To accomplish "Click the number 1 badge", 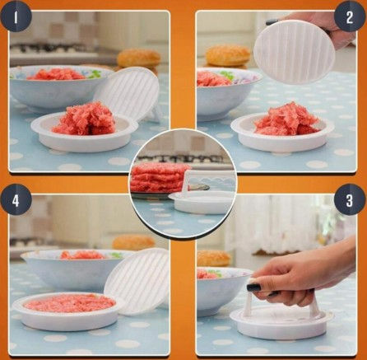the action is [x=16, y=17].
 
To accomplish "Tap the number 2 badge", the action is [x=350, y=17].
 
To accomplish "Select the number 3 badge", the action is [x=350, y=200].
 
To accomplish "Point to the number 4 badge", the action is [x=16, y=200].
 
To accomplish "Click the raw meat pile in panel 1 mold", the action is [x=84, y=119].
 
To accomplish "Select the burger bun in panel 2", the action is [x=228, y=56].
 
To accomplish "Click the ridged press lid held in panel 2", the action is [x=294, y=52].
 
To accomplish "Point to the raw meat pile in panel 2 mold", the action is [x=287, y=119].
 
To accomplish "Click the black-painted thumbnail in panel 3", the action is [x=253, y=288].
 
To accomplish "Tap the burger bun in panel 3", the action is [x=213, y=258].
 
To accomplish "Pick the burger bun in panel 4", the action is [x=133, y=242].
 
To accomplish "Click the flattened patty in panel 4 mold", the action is [x=69, y=303].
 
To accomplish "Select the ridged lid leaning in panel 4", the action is [x=137, y=281].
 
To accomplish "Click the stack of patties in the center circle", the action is [x=160, y=177].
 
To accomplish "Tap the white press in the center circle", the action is [x=202, y=195].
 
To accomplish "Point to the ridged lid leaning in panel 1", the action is [x=128, y=93].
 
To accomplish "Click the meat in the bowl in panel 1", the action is [x=57, y=74].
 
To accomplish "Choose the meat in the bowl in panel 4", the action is [x=82, y=255].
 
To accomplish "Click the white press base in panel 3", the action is [x=282, y=322].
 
